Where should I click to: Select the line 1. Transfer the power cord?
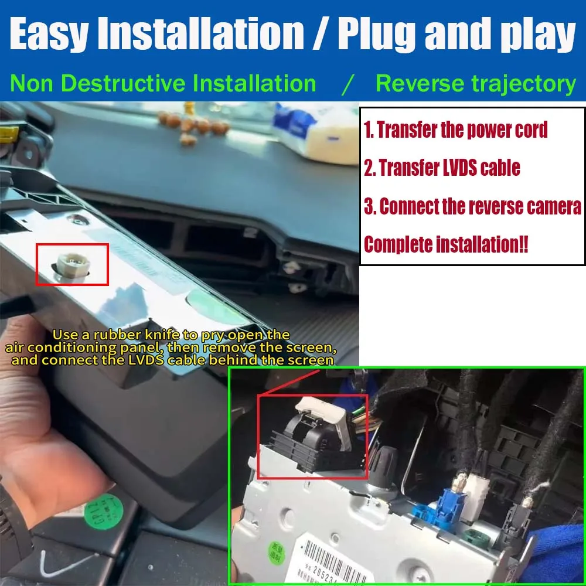click(456, 130)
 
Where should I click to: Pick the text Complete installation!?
click(446, 244)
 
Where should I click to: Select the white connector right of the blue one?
click(475, 489)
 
